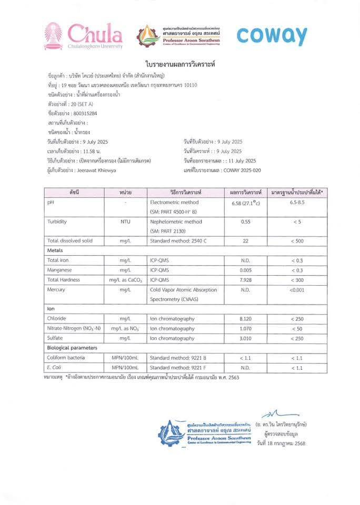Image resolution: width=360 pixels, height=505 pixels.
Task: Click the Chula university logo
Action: click(x=83, y=36)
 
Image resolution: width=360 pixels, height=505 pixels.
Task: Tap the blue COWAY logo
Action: click(x=271, y=35)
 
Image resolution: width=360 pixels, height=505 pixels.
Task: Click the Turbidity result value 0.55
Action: click(x=245, y=221)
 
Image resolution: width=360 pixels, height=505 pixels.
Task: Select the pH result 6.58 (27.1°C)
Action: click(x=245, y=203)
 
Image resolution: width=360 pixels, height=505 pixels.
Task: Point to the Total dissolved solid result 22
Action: click(x=245, y=240)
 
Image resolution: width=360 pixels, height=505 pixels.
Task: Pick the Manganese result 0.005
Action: click(x=245, y=270)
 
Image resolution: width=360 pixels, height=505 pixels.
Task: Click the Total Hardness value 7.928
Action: click(x=245, y=279)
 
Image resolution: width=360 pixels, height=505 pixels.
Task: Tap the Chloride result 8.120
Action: click(x=245, y=318)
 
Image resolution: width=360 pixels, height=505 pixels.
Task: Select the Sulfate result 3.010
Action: click(x=245, y=338)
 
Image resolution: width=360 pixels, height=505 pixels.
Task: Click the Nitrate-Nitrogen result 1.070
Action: click(x=245, y=328)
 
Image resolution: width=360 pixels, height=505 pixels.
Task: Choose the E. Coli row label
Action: click(x=55, y=367)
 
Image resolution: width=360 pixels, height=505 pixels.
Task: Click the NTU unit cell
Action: click(x=125, y=221)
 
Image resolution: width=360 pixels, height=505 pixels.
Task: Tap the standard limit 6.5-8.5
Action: click(x=297, y=202)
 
